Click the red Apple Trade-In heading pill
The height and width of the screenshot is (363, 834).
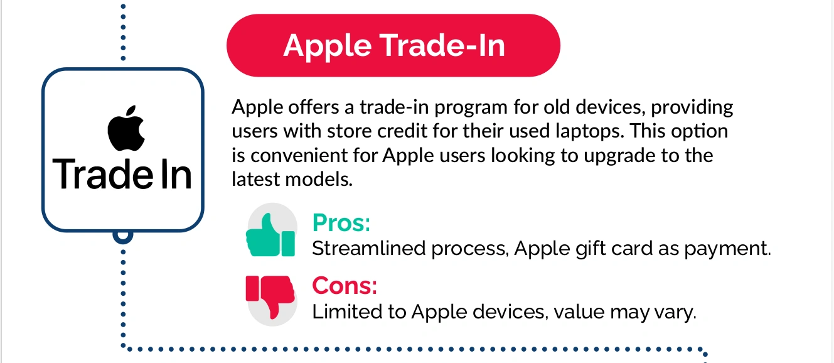click(x=393, y=45)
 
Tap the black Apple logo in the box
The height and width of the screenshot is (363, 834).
click(x=126, y=128)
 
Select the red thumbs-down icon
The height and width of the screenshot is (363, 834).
click(x=271, y=298)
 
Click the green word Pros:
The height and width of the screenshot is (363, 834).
click(x=341, y=223)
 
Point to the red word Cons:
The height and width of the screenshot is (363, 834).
click(x=345, y=286)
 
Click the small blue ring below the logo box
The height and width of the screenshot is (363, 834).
click(x=123, y=235)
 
